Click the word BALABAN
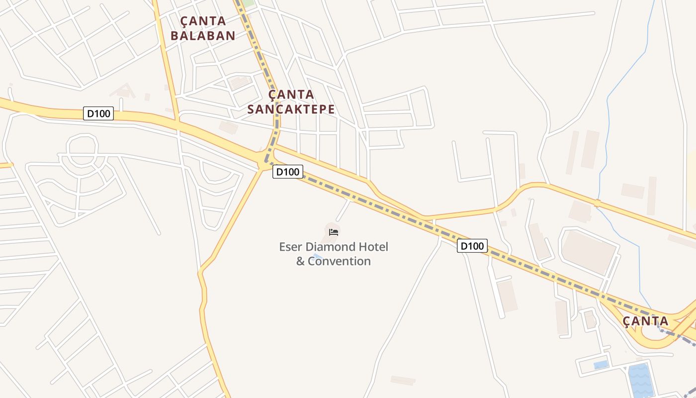pyautogui.click(x=202, y=35)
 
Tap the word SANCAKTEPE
pyautogui.click(x=291, y=109)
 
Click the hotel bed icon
pyautogui.click(x=334, y=232)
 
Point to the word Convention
pyautogui.click(x=339, y=261)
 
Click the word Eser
pyautogui.click(x=290, y=247)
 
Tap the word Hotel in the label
pyautogui.click(x=373, y=247)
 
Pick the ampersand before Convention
pyautogui.click(x=300, y=261)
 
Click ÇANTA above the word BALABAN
pyautogui.click(x=203, y=21)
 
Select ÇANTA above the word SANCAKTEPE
pyautogui.click(x=291, y=95)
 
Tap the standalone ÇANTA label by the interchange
pyautogui.click(x=645, y=321)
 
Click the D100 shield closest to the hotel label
pyautogui.click(x=287, y=172)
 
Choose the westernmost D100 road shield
pyautogui.click(x=98, y=113)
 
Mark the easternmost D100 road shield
pyautogui.click(x=472, y=245)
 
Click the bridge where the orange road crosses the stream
pyautogui.click(x=597, y=203)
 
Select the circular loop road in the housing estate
pyautogui.click(x=82, y=147)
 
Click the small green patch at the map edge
pyautogui.click(x=247, y=2)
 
